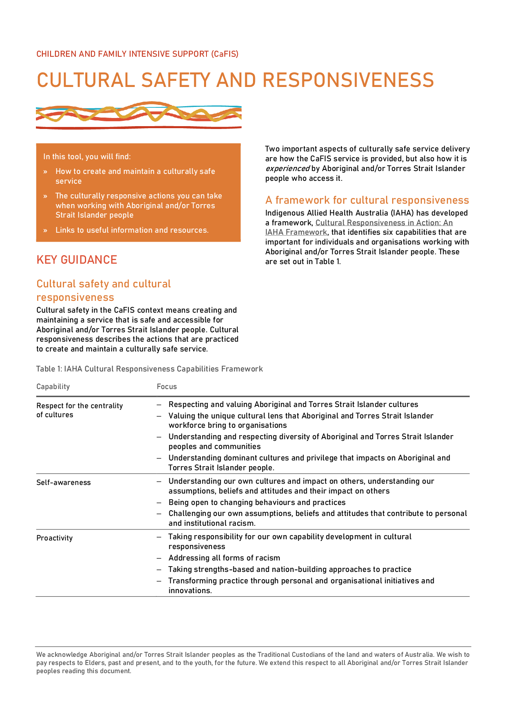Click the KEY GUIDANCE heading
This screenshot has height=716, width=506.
click(77, 260)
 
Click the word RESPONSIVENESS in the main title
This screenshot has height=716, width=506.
click(348, 80)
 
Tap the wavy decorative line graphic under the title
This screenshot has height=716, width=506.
click(138, 115)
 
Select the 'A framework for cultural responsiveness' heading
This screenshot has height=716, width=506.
click(367, 200)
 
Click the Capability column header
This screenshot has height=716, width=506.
click(53, 387)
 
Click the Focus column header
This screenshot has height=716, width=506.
click(166, 387)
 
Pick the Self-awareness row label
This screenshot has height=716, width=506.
click(64, 483)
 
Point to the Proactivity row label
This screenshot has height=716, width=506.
click(55, 538)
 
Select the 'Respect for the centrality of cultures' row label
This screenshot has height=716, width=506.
click(79, 410)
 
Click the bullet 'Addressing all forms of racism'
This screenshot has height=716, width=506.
click(224, 558)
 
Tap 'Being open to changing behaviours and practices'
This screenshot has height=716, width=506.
click(257, 503)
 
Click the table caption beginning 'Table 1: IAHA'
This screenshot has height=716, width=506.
click(149, 369)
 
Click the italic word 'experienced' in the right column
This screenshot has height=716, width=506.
click(287, 169)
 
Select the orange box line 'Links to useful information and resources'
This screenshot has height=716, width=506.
click(132, 230)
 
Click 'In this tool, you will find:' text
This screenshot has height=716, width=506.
click(87, 157)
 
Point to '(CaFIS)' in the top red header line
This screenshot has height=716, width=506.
click(225, 54)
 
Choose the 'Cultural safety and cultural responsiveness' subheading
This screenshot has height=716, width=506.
click(103, 290)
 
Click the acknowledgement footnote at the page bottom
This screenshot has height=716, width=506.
click(253, 663)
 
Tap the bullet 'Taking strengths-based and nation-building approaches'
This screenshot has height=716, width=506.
click(289, 569)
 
